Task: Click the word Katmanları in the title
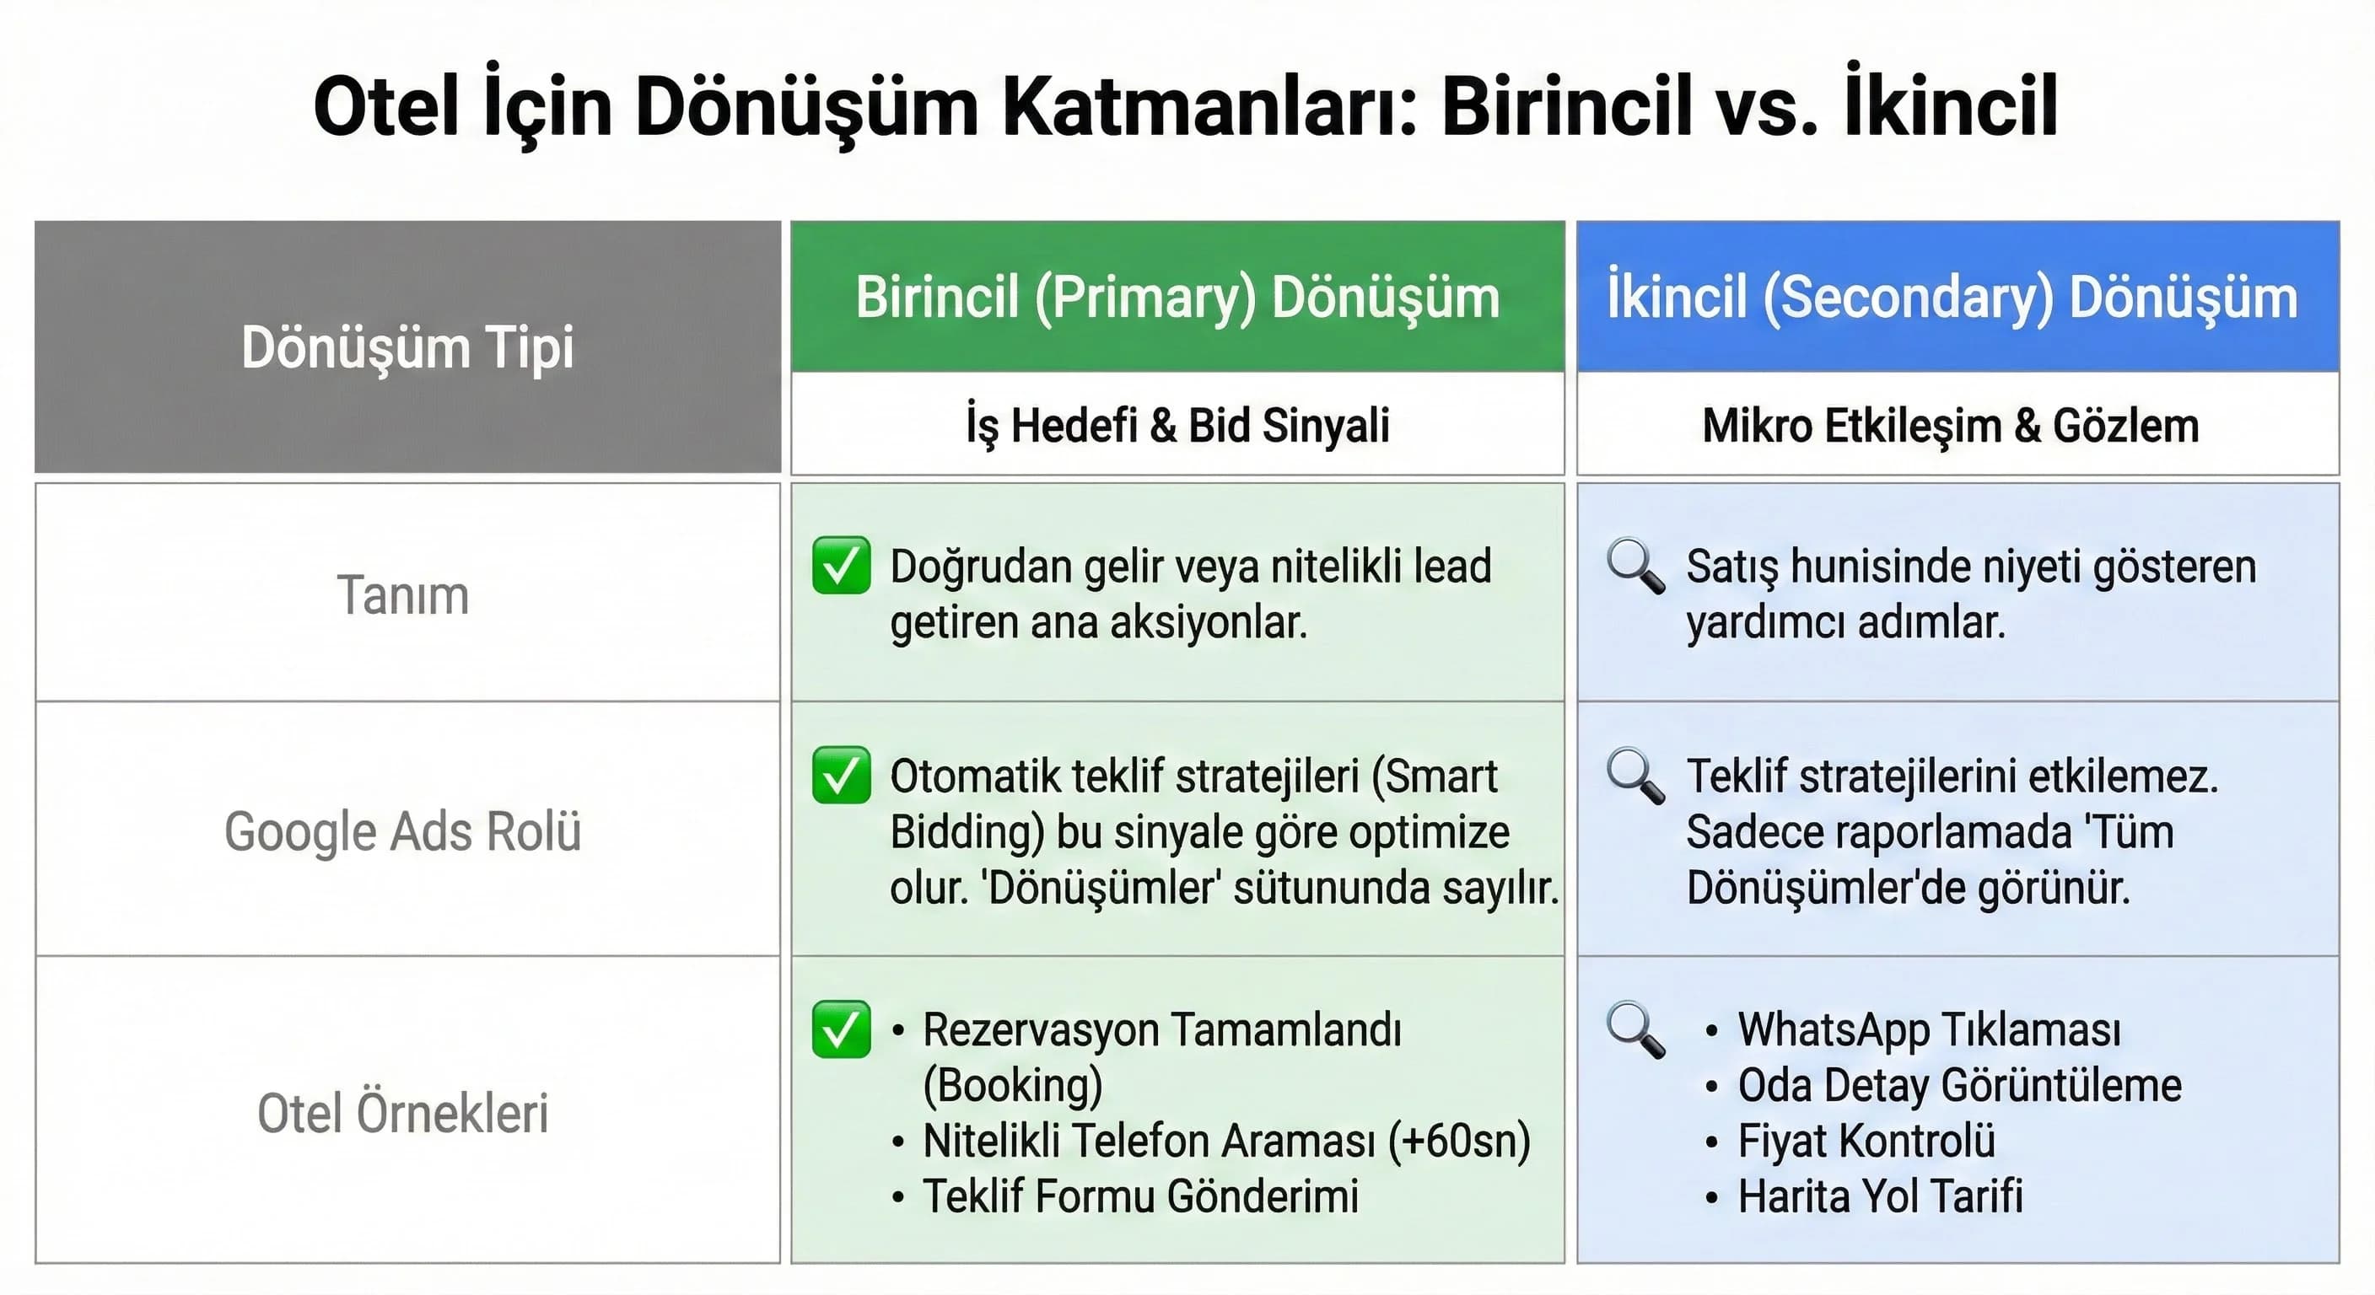1209,108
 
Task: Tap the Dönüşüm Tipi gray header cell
407,347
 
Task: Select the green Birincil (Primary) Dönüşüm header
1177,298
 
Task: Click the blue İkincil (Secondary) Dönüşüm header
1951,298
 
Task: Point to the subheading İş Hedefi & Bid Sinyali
1177,426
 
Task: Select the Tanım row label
403,595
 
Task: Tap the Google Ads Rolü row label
403,831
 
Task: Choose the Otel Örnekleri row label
403,1113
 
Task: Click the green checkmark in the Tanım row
841,565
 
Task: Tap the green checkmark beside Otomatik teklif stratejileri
841,775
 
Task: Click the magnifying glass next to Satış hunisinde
1634,566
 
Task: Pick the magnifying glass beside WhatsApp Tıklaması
1634,1029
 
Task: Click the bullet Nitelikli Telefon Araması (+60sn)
1225,1141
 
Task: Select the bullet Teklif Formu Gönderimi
1139,1196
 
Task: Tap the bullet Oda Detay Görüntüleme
1958,1086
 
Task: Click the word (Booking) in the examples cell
1012,1086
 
